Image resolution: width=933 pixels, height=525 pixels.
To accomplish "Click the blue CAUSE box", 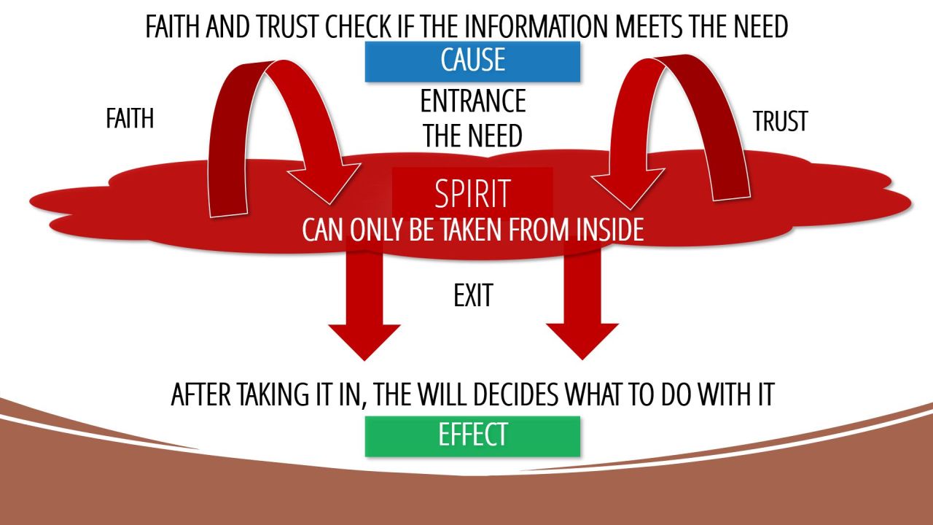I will (472, 61).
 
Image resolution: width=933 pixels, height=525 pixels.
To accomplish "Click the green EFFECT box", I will (472, 435).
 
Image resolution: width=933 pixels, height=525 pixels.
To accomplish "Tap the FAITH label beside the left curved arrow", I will (130, 118).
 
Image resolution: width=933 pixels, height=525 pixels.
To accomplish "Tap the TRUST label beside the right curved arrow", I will (780, 121).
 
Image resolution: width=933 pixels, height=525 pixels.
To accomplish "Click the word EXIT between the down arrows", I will (472, 296).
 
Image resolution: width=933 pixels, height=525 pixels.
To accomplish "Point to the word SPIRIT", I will (472, 194).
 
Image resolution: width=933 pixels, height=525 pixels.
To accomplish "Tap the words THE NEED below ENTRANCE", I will (472, 136).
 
